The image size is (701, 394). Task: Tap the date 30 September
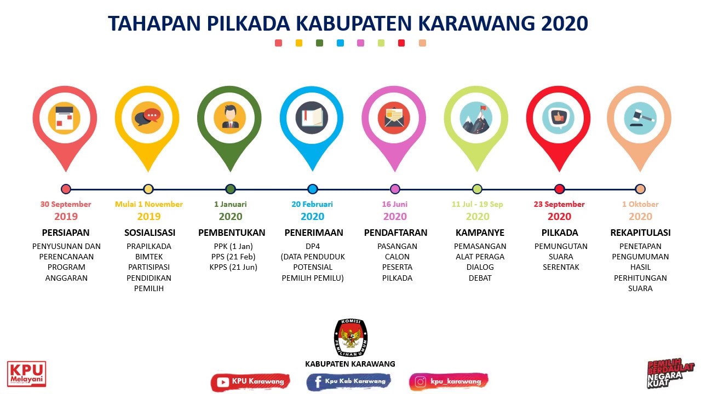pos(66,204)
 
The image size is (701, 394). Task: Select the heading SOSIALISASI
pos(150,233)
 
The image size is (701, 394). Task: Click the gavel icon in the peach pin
pos(640,118)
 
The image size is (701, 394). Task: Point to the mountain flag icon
pos(476,118)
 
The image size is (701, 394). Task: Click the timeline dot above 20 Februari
pos(313,189)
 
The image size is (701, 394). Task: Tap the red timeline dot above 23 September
pos(559,189)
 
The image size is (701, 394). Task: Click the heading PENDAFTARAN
pos(395,233)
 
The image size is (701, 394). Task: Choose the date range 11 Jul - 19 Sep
pos(477,204)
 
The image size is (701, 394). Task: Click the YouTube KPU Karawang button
pos(250,381)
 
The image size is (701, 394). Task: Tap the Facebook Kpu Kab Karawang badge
pos(348,381)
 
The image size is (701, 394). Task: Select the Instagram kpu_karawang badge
pos(448,381)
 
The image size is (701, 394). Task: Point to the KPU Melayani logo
pos(26,374)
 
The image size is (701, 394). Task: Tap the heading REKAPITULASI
pos(640,233)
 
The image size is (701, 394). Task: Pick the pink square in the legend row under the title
pos(360,43)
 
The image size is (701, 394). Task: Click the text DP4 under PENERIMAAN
pos(313,246)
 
